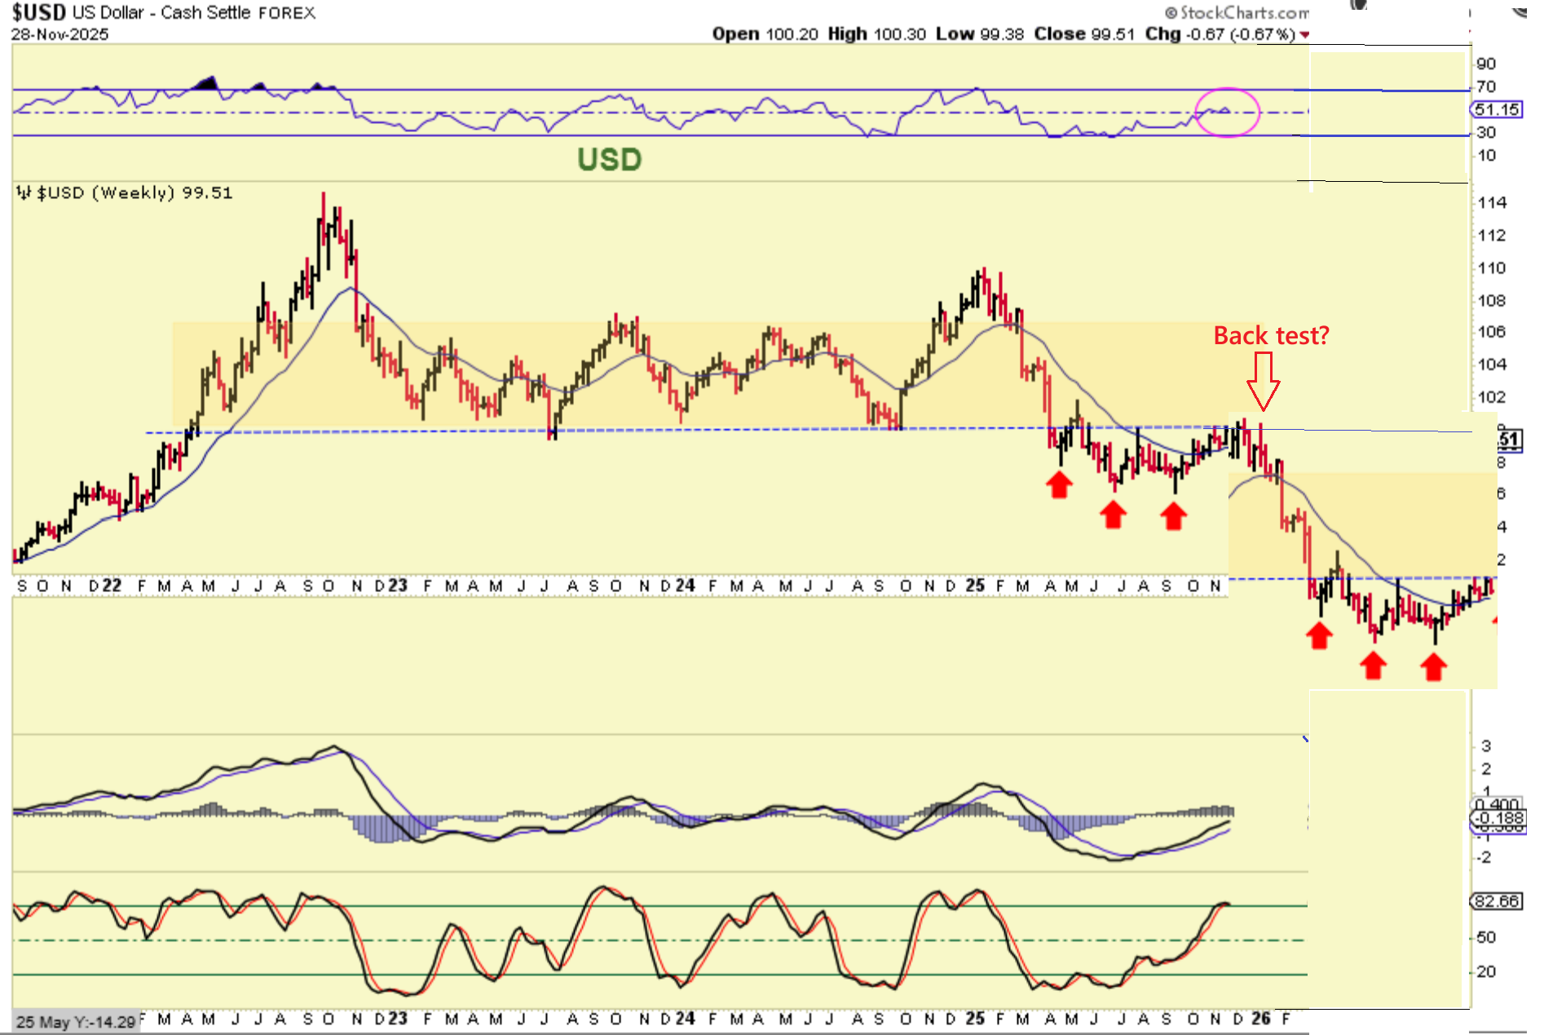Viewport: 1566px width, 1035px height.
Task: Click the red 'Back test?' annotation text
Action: pos(1271,335)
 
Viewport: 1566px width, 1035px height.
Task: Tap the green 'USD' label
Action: pos(609,159)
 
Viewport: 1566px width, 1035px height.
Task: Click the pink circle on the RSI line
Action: pos(1227,113)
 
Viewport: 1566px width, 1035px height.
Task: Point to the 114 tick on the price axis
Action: pos(1492,202)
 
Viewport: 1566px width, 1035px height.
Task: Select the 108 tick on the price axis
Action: pos(1492,300)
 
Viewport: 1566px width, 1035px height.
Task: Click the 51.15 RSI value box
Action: pos(1498,109)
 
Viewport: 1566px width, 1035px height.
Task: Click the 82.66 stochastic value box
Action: pos(1497,901)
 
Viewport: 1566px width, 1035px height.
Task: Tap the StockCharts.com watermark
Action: pos(1237,12)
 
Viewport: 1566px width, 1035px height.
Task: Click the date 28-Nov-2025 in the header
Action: pos(60,34)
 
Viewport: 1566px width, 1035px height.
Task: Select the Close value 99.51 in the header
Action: pos(1112,34)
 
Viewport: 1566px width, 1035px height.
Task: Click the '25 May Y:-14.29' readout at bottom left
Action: pos(76,1022)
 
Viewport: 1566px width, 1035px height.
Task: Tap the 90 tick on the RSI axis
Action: pos(1486,64)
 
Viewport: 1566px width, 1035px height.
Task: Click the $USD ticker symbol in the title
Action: pos(38,12)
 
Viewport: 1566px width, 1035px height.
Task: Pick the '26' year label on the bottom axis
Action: pos(1260,1018)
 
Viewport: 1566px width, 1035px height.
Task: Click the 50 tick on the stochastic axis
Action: pos(1486,937)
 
